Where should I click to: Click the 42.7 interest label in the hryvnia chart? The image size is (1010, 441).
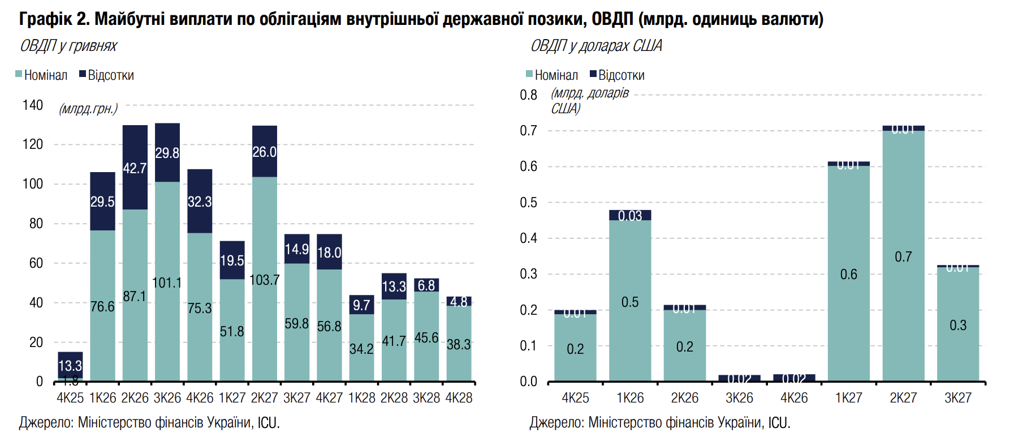coord(135,168)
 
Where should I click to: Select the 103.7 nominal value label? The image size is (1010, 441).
coord(264,280)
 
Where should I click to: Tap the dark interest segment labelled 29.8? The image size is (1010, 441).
coord(167,153)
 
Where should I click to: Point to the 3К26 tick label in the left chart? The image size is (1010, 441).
coord(167,398)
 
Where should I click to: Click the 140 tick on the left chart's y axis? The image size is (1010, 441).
coord(33,105)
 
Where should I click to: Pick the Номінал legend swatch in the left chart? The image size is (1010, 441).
coord(19,74)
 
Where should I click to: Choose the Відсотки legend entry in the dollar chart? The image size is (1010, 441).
coord(617,75)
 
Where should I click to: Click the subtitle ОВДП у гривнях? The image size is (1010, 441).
coord(68,46)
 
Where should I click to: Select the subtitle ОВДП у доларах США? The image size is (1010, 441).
coord(596,46)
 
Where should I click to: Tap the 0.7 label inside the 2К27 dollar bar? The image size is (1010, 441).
coord(903,257)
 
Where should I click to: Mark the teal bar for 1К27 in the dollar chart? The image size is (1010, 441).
coord(848,272)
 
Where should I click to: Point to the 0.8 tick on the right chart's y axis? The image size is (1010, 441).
coord(528,95)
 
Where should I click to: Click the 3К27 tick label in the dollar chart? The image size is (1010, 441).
coord(957,398)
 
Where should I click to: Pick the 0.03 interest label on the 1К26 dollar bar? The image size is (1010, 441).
coord(630,216)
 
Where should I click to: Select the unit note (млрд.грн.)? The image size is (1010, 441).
coord(88,109)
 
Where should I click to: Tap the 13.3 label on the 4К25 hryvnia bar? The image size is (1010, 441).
coord(70,366)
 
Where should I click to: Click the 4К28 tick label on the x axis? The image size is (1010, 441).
coord(459,398)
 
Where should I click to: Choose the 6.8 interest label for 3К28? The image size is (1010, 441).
coord(426,285)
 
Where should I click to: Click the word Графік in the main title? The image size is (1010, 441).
coord(46,19)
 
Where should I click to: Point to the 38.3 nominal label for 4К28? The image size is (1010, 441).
coord(459,344)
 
